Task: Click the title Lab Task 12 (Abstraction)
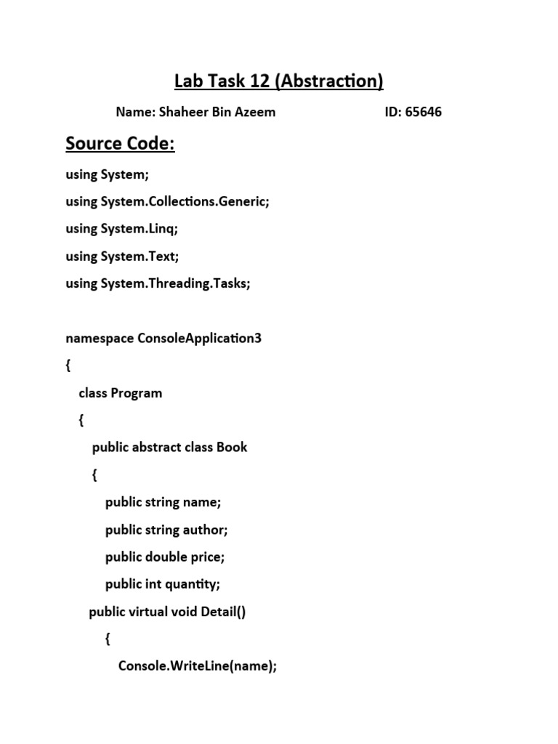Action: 279,81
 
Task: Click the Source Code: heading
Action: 120,144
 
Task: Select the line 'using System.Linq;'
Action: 121,228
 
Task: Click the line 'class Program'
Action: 120,393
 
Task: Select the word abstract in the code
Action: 156,447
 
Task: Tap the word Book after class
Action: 232,447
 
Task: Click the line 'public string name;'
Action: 163,502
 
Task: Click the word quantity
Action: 193,584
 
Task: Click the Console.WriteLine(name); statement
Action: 198,666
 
